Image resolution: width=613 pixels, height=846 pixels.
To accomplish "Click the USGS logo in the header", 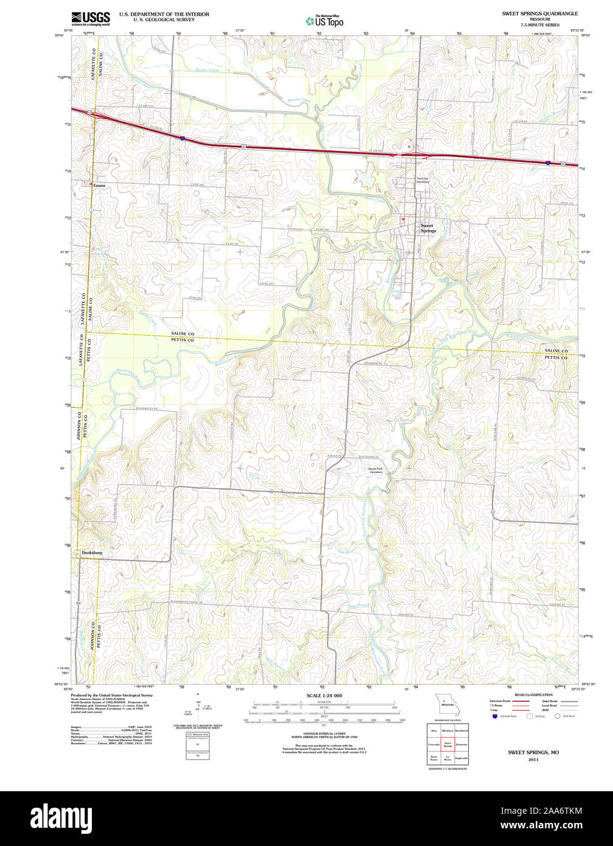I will click(90, 18).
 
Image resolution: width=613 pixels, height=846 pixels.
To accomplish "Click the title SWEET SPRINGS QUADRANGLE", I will click(540, 13).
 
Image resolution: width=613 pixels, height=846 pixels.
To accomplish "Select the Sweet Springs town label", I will click(428, 228).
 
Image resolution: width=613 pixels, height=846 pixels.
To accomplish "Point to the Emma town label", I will click(99, 185).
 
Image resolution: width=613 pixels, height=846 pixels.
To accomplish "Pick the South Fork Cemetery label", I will click(375, 470).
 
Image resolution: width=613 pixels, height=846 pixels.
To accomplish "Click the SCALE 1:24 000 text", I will click(324, 696).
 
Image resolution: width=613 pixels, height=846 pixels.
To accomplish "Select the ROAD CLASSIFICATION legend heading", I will click(533, 694).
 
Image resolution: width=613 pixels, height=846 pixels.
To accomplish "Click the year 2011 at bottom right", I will click(533, 760).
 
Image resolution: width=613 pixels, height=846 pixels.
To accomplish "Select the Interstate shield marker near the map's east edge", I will click(548, 163).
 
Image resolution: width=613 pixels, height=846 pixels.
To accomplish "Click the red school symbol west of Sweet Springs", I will click(402, 219).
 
